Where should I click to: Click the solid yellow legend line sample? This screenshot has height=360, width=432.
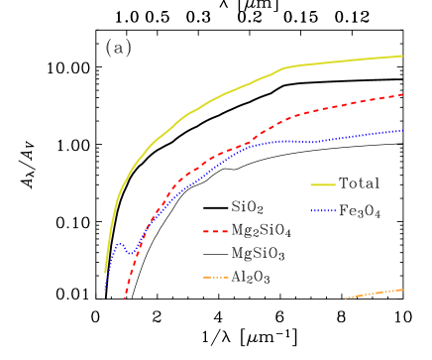pyautogui.click(x=323, y=184)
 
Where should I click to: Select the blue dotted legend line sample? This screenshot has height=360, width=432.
pyautogui.click(x=323, y=210)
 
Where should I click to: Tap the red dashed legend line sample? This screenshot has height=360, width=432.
pyautogui.click(x=216, y=231)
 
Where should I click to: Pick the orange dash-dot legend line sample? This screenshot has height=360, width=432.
pyautogui.click(x=216, y=277)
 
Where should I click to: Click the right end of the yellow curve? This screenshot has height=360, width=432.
pyautogui.click(x=402, y=56)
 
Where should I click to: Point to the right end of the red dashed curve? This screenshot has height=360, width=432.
pyautogui.click(x=402, y=95)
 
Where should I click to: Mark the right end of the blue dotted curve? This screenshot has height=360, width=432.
pyautogui.click(x=402, y=130)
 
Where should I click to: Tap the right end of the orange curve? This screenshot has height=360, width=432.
pyautogui.click(x=402, y=290)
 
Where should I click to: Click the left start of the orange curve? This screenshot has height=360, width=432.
pyautogui.click(x=346, y=298)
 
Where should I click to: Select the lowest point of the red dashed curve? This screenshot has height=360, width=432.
pyautogui.click(x=125, y=298)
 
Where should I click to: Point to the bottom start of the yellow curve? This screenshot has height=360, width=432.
pyautogui.click(x=105, y=272)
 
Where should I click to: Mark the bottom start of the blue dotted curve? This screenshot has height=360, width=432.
pyautogui.click(x=105, y=291)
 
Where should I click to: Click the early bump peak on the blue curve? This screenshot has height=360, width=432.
pyautogui.click(x=119, y=243)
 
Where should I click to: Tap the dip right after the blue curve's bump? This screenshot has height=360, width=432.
pyautogui.click(x=130, y=254)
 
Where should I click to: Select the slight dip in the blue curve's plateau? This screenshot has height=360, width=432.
pyautogui.click(x=311, y=143)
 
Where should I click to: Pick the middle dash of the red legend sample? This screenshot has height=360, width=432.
pyautogui.click(x=216, y=231)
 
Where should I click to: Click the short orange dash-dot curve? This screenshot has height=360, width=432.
pyautogui.click(x=375, y=294)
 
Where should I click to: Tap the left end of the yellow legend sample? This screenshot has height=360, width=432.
pyautogui.click(x=311, y=184)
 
